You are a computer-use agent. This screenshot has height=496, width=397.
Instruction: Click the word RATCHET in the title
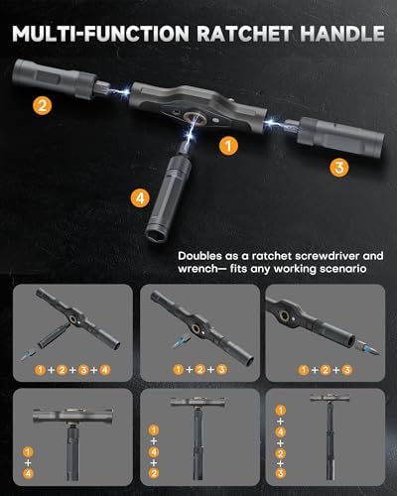click(x=245, y=34)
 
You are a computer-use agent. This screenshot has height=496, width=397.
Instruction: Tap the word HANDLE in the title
click(x=342, y=34)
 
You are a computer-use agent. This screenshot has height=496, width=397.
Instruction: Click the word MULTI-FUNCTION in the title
click(x=100, y=34)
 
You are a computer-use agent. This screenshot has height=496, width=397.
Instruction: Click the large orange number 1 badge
click(x=228, y=146)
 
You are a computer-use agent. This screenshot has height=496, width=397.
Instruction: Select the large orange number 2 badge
click(x=43, y=106)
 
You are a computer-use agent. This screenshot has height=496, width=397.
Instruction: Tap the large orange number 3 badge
click(x=339, y=168)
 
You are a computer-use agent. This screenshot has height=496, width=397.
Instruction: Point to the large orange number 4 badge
click(x=140, y=198)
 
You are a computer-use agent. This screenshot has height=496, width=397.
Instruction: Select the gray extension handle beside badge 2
click(x=55, y=78)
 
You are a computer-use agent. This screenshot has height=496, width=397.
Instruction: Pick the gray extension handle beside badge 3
click(x=340, y=135)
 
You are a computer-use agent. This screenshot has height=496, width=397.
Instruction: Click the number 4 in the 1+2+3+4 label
click(x=105, y=369)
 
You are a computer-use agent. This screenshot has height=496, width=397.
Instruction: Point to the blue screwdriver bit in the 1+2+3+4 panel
click(x=28, y=355)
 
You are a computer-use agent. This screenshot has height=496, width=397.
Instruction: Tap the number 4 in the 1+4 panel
click(x=28, y=473)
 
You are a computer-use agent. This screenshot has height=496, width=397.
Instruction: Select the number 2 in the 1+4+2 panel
click(x=154, y=473)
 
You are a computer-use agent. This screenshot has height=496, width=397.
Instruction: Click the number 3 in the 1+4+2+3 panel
click(x=280, y=473)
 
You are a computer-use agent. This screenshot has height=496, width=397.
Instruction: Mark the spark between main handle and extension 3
click(x=273, y=122)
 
